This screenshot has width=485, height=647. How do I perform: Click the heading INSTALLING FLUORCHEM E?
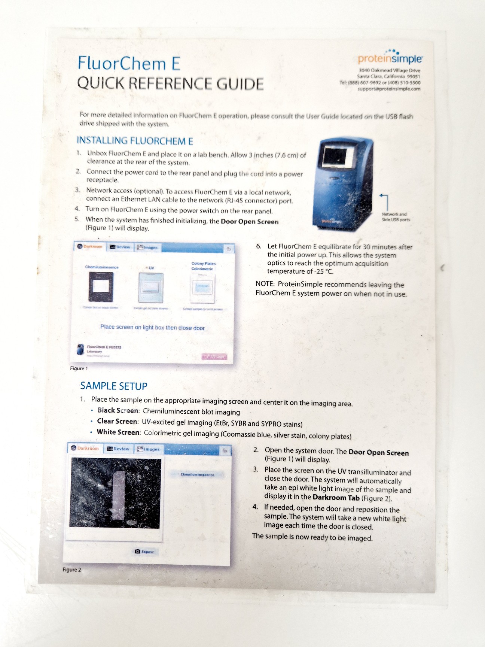click(135, 141)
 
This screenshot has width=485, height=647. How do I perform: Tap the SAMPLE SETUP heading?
click(114, 386)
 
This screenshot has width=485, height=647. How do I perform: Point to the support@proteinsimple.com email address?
click(389, 89)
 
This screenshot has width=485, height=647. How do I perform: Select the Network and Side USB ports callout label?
click(396, 217)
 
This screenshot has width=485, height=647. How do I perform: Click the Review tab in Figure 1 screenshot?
click(120, 247)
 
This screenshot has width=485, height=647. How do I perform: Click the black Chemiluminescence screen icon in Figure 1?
click(101, 286)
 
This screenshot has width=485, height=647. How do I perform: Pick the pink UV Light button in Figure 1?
click(215, 356)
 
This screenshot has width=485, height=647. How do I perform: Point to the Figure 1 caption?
click(79, 368)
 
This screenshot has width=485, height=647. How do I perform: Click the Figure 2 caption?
click(71, 569)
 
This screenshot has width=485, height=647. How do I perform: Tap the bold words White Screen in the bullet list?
click(118, 432)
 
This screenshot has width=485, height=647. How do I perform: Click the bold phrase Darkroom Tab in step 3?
click(336, 498)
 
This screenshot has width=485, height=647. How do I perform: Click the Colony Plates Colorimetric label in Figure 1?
click(203, 266)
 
